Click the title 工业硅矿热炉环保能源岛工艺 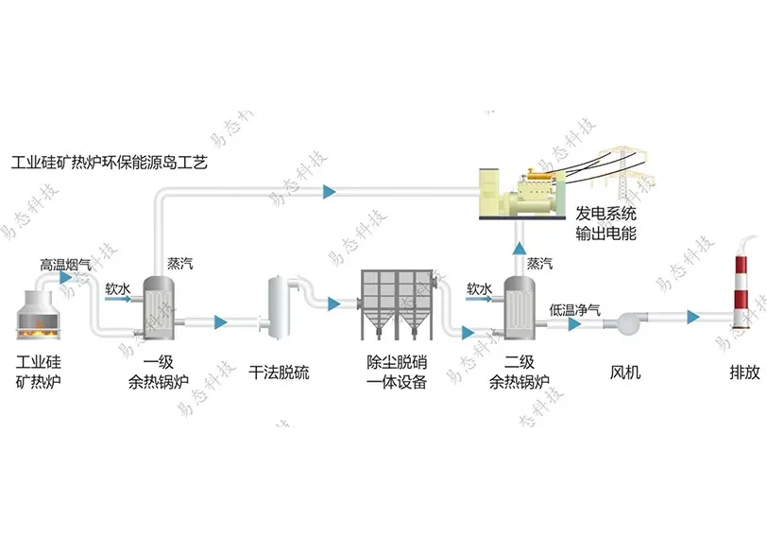point(109,163)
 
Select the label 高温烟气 point(65,264)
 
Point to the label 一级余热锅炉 point(158,372)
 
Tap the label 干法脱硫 point(279,372)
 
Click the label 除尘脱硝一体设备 point(397,372)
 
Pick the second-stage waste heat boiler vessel point(517,308)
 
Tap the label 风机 point(625,372)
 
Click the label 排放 point(744,372)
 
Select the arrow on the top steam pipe point(329,192)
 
